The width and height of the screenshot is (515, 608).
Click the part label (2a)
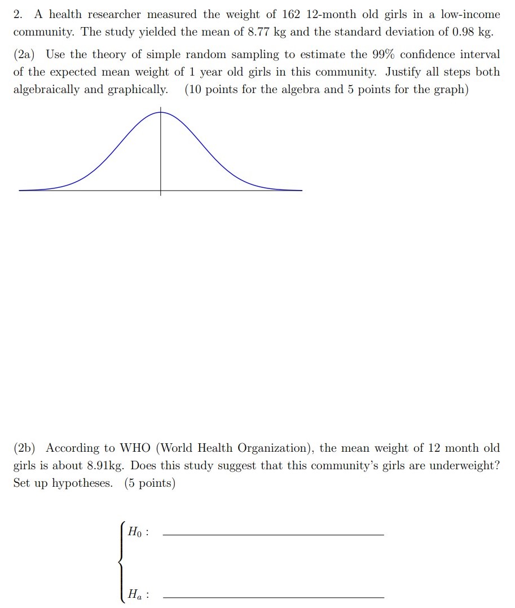click(x=24, y=55)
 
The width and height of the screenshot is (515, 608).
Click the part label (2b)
click(x=24, y=448)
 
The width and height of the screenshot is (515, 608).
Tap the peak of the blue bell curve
click(x=160, y=112)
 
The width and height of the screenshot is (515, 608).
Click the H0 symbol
click(x=136, y=531)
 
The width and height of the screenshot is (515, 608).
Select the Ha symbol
click(x=136, y=594)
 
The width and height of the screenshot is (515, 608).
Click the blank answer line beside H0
click(x=273, y=534)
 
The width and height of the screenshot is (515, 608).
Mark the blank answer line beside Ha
click(x=273, y=597)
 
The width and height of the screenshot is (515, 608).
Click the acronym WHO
click(x=135, y=448)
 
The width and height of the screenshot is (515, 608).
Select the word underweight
click(x=463, y=466)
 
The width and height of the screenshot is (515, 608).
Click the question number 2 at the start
click(x=17, y=14)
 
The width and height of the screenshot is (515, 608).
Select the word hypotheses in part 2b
click(x=82, y=484)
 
